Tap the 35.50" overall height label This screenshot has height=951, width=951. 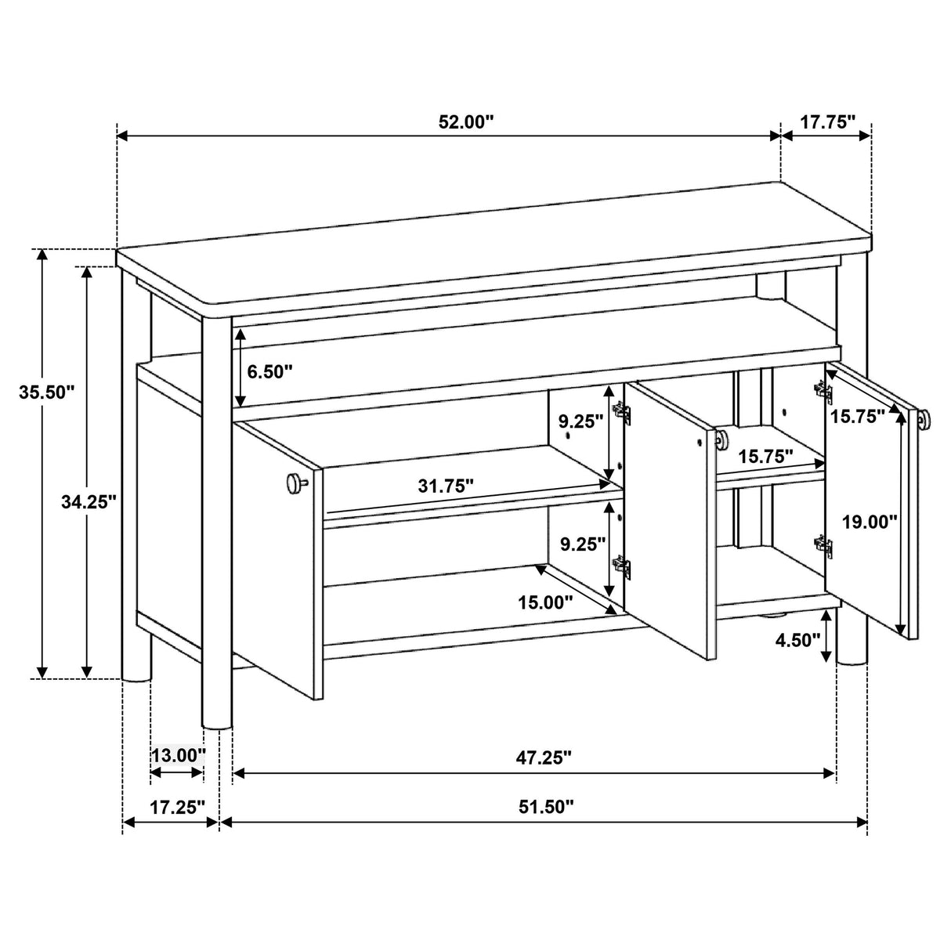coord(46,392)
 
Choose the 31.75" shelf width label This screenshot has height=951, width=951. coord(445,486)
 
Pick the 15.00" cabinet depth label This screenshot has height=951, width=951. coord(544,602)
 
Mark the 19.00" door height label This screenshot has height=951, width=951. coord(869,522)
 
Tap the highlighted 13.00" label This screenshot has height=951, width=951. coord(178,755)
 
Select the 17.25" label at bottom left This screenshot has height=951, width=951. coord(177,807)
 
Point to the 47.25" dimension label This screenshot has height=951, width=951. coord(544,757)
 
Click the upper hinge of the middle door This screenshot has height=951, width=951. coord(622,412)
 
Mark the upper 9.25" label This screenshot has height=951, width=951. coord(580,421)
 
